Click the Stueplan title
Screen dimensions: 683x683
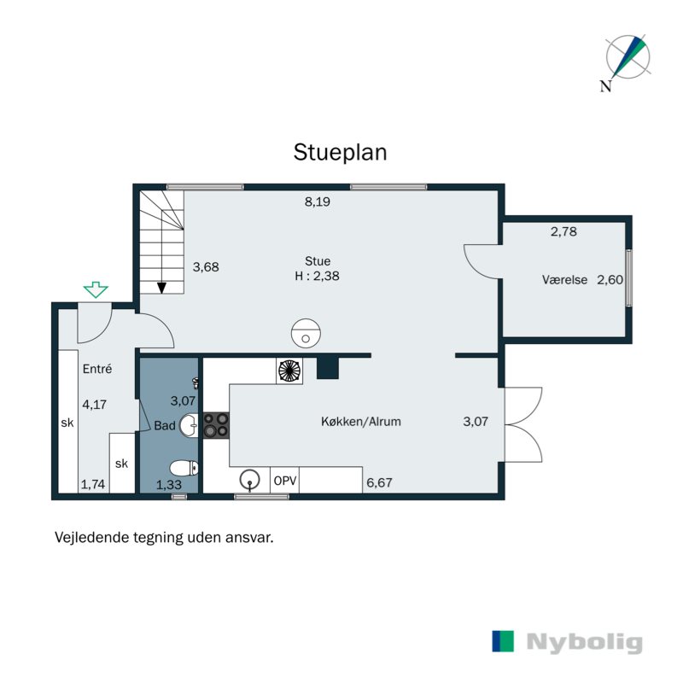340,153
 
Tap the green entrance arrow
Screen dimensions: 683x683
96,289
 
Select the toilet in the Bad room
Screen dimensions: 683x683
184,469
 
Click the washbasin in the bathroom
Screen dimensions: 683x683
189,425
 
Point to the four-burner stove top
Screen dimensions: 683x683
216,424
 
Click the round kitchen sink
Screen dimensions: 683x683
249,480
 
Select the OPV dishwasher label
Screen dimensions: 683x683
285,481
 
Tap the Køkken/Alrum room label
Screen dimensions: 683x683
360,422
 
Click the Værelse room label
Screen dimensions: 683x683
564,280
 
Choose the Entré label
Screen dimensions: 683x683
97,369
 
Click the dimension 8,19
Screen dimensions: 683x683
317,201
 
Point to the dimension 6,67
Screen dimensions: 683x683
379,482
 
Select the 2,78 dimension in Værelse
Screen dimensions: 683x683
563,231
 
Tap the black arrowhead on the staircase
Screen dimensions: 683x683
161,288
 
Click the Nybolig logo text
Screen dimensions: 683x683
585,643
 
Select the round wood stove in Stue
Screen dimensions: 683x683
306,333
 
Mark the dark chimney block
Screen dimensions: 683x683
328,368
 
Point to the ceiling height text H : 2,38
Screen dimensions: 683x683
317,276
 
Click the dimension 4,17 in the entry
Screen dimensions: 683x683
95,404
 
